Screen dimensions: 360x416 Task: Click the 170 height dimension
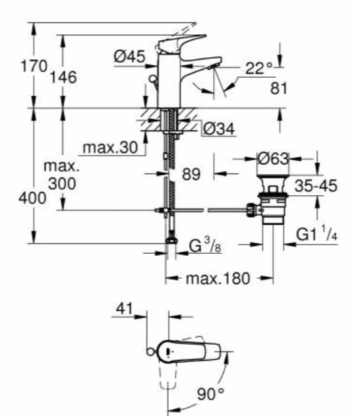(34, 66)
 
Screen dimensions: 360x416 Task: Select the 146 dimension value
(63, 77)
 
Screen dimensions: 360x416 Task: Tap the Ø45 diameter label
(130, 57)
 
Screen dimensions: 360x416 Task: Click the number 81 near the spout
(278, 88)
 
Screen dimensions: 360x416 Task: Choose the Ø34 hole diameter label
(219, 129)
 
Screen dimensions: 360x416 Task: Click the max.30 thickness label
(110, 147)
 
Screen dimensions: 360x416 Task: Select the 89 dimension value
(191, 174)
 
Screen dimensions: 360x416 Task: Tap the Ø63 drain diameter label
(273, 159)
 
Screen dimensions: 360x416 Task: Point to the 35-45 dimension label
(316, 186)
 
